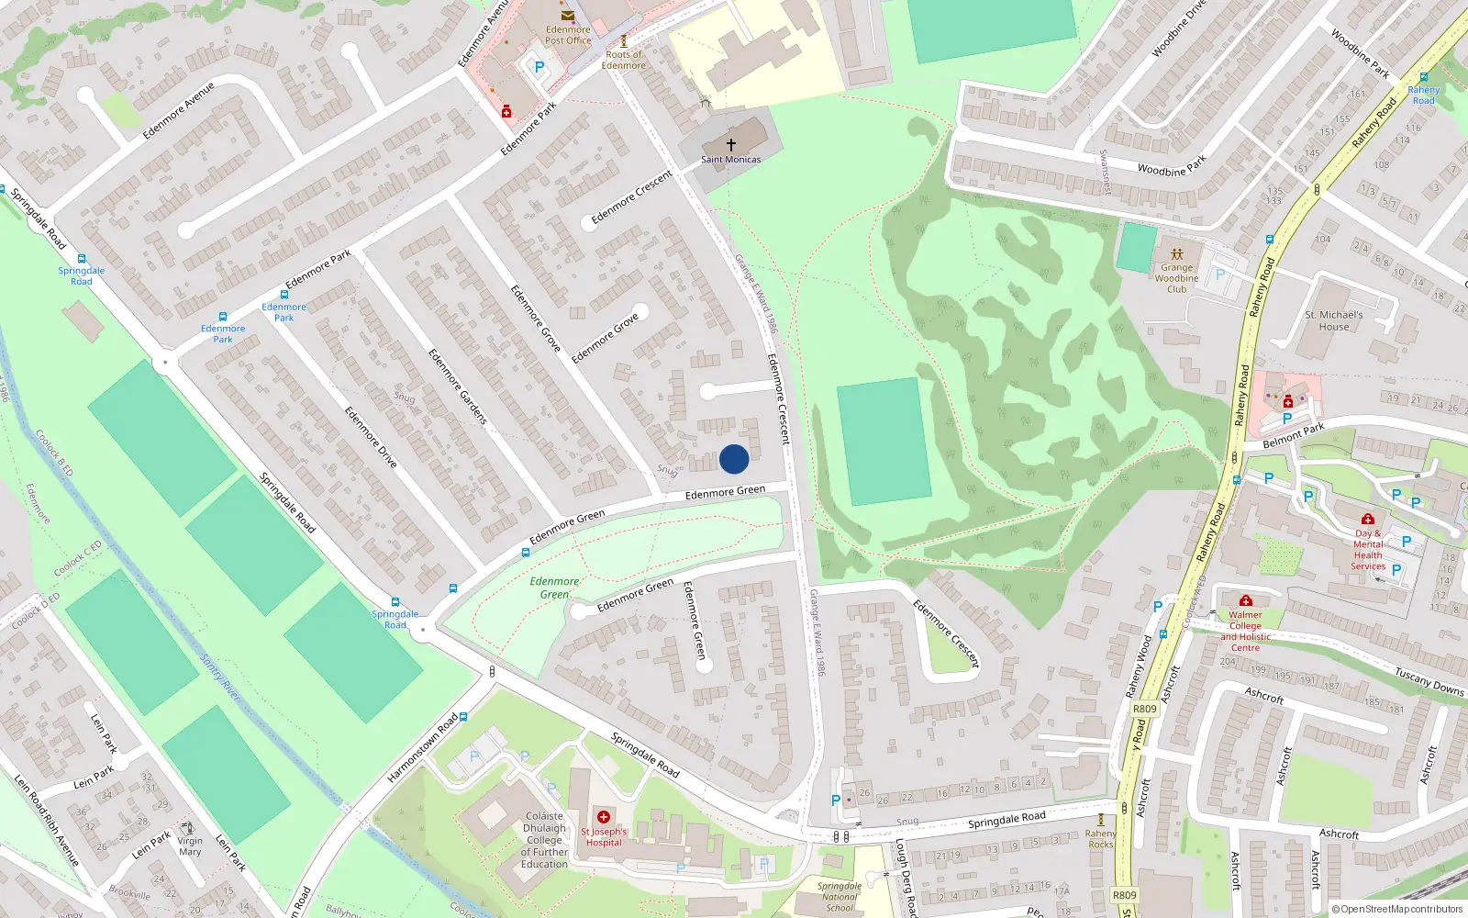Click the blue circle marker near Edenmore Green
pyautogui.click(x=734, y=459)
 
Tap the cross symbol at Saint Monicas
pyautogui.click(x=731, y=145)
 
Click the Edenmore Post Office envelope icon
pyautogui.click(x=568, y=16)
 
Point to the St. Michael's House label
pyautogui.click(x=1334, y=320)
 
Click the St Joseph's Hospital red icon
pyautogui.click(x=604, y=817)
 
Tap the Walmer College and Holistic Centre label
pyautogui.click(x=1245, y=632)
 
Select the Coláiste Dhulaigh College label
pyautogui.click(x=545, y=840)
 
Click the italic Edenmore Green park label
pyautogui.click(x=554, y=588)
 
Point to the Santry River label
pyautogui.click(x=220, y=678)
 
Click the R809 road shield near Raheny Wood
pyautogui.click(x=1145, y=709)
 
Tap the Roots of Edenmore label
pyautogui.click(x=624, y=60)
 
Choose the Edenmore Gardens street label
pyautogui.click(x=457, y=386)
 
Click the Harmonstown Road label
pyautogui.click(x=422, y=748)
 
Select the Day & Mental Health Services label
pyautogui.click(x=1368, y=550)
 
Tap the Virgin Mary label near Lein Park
pyautogui.click(x=190, y=846)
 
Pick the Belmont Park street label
pyautogui.click(x=1294, y=435)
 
